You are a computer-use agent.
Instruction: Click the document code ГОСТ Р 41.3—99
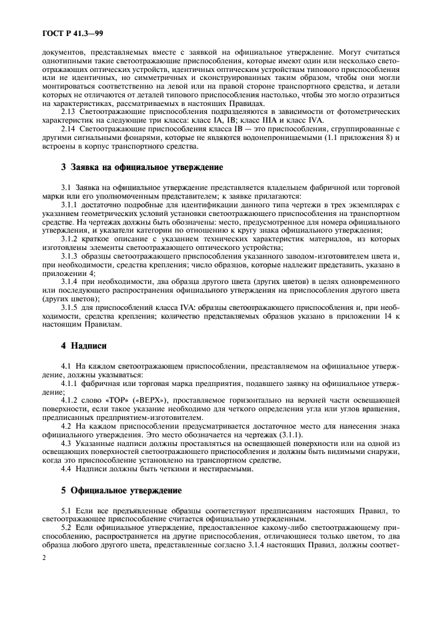point(64,32)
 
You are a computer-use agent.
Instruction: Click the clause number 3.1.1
point(70,205)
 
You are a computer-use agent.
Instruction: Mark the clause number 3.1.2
point(70,238)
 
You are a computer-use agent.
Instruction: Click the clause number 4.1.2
point(70,399)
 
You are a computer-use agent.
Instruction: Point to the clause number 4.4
point(66,469)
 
